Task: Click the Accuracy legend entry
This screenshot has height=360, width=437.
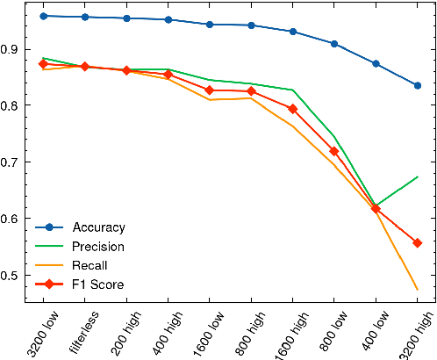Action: point(97,227)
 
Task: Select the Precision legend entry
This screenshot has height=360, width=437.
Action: point(97,247)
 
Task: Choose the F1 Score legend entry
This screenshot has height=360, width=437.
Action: point(97,284)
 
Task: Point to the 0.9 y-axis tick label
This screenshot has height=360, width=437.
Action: point(11,49)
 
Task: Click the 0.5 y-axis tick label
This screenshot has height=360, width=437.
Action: point(11,276)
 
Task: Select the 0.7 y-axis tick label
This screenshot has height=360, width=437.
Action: point(11,162)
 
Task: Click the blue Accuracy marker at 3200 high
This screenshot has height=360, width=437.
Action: point(418,85)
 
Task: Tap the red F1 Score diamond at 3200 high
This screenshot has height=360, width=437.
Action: point(418,243)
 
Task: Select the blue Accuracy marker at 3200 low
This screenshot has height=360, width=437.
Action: point(44,16)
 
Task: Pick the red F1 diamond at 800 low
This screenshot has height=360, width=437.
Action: point(334,151)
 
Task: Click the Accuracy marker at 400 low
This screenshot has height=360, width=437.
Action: point(376,63)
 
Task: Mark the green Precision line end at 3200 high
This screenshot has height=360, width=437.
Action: point(418,176)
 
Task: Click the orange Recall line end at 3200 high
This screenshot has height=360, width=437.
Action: point(418,290)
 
